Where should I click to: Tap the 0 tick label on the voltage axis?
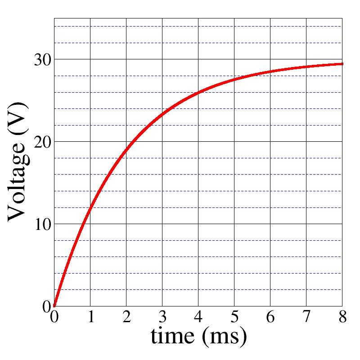(x=47, y=306)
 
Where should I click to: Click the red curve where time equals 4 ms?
(x=198, y=93)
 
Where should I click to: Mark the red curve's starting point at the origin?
(x=54, y=306)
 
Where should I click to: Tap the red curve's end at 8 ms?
(x=342, y=64)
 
